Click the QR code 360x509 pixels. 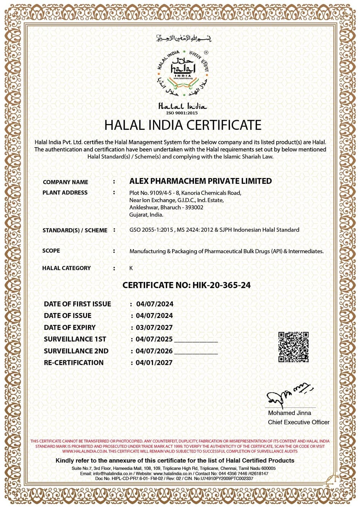pyautogui.click(x=293, y=347)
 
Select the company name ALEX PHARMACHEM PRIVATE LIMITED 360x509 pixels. pyautogui.click(x=201, y=181)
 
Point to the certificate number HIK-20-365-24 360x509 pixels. pyautogui.click(x=221, y=285)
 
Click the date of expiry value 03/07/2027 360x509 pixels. pyautogui.click(x=154, y=327)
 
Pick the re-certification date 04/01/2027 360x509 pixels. pyautogui.click(x=154, y=363)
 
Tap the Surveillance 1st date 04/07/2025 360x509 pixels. pyautogui.click(x=154, y=339)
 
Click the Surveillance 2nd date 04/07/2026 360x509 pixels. pyautogui.click(x=154, y=351)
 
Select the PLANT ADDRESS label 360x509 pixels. pyautogui.click(x=65, y=192)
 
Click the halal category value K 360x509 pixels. pyautogui.click(x=131, y=268)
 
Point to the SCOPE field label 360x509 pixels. pyautogui.click(x=51, y=250)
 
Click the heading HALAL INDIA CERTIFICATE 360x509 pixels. pyautogui.click(x=183, y=125)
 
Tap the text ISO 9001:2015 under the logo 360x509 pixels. pyautogui.click(x=182, y=113)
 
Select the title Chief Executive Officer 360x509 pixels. pyautogui.click(x=298, y=422)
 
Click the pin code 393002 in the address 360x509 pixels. pyautogui.click(x=194, y=207)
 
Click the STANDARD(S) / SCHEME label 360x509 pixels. pyautogui.click(x=75, y=230)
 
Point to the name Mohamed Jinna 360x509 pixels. pyautogui.click(x=289, y=413)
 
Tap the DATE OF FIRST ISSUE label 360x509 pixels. pyautogui.click(x=77, y=304)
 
